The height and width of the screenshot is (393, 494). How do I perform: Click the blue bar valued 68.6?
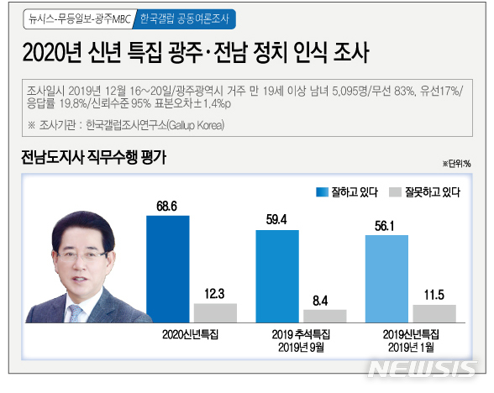[167, 269]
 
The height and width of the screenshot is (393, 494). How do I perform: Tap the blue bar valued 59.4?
[276, 276]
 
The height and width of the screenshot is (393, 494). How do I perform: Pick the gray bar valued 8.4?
[324, 316]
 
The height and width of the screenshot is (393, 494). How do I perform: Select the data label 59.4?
[276, 220]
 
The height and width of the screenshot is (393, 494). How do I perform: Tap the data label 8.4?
[324, 298]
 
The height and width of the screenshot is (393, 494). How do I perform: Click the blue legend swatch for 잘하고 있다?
[322, 192]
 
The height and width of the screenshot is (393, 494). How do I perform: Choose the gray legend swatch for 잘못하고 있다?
[394, 192]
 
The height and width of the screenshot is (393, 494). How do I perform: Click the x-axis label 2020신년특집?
[191, 335]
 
